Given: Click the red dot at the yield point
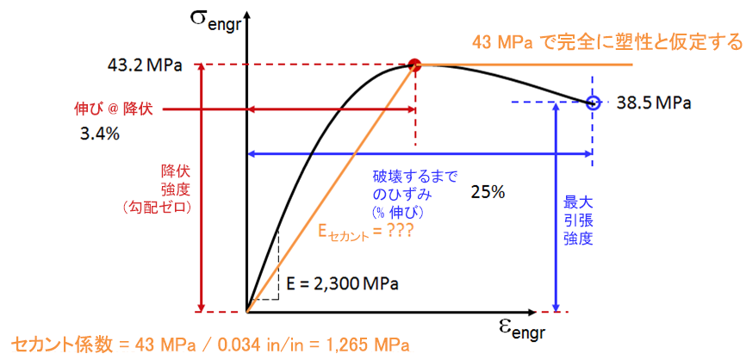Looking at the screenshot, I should point(414,64).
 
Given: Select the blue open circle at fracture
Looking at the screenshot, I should point(592,102).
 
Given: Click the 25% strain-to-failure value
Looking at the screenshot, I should point(488,191).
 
